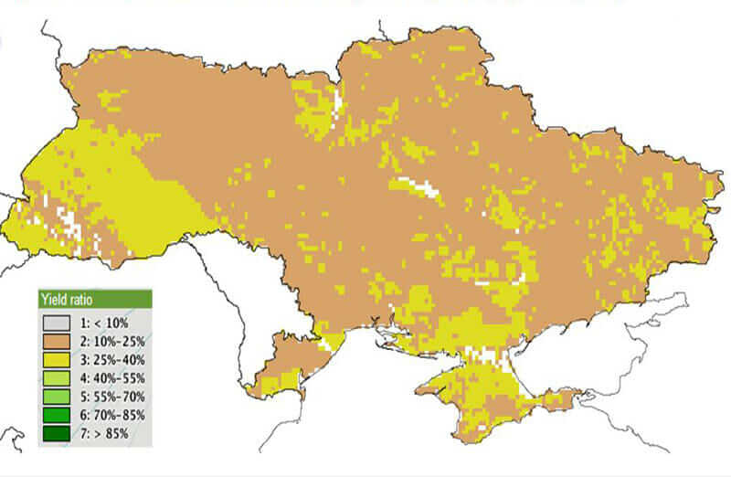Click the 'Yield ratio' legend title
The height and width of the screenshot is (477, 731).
coord(66,299)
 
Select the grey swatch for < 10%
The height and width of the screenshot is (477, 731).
coord(57,323)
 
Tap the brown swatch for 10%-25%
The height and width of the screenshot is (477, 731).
coord(57,341)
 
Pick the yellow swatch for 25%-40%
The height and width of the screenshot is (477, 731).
coord(57,359)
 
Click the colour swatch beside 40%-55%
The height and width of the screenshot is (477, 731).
coord(57,377)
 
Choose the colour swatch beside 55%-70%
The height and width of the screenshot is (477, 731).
coord(57,396)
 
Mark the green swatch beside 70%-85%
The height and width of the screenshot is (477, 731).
coord(57,414)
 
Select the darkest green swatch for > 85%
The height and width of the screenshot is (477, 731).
coord(57,432)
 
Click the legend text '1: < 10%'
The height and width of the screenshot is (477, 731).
coord(103,323)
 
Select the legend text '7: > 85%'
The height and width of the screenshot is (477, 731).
coord(103,432)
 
